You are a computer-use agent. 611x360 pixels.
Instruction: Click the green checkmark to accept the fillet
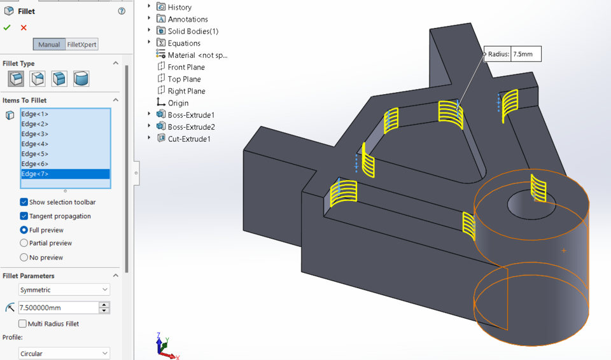(7, 27)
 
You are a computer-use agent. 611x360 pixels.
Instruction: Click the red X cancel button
(24, 27)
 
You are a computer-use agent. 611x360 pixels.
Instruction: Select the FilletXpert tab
(82, 45)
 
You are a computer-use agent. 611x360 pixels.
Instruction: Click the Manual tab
(49, 45)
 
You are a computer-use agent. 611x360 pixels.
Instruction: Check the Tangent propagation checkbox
(24, 216)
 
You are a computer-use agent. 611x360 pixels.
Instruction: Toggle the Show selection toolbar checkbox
(24, 202)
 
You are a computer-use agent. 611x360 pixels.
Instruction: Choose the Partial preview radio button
(24, 243)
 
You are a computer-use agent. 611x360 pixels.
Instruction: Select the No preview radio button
(24, 258)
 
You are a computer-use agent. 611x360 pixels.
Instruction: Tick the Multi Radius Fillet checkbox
(23, 324)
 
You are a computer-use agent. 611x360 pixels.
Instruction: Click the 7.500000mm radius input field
(58, 308)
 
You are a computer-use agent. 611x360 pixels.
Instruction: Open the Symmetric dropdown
(64, 290)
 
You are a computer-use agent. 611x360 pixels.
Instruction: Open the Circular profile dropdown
(64, 354)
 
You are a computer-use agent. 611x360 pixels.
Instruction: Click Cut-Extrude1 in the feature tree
(188, 139)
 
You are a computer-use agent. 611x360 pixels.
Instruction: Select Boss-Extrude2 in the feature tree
(191, 127)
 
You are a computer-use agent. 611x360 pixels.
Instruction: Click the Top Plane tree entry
(184, 79)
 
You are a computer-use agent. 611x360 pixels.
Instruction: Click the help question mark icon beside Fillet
(122, 11)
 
